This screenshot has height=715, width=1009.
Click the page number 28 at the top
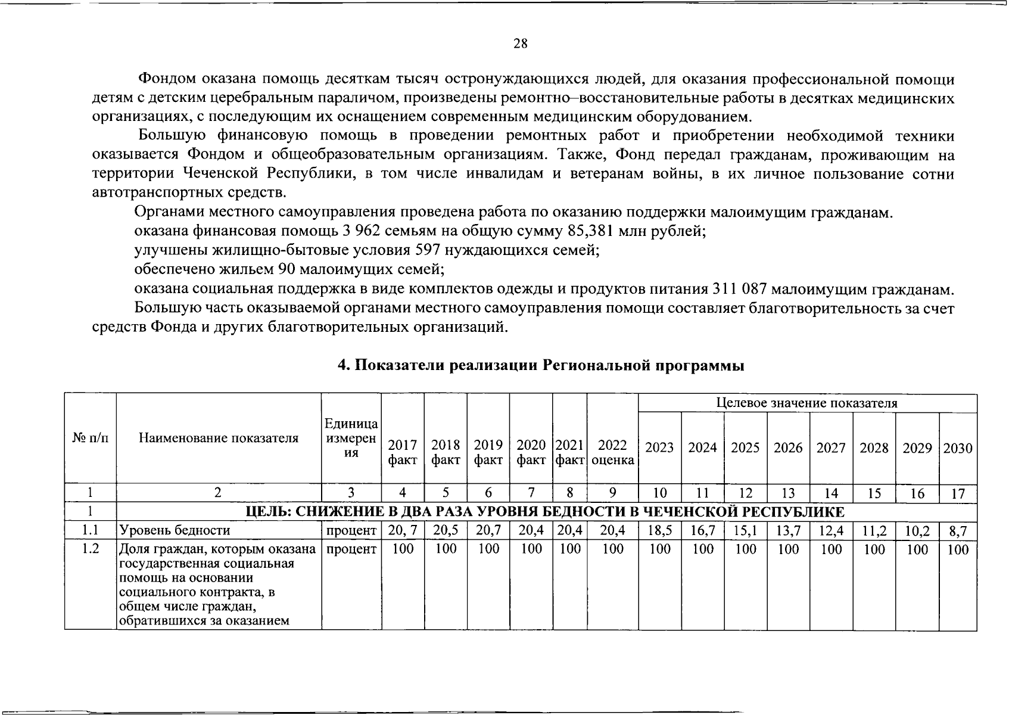point(520,43)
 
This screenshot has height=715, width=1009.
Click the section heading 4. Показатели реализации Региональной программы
point(541,365)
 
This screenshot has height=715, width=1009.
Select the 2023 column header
point(659,447)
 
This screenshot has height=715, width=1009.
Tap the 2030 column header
point(957,447)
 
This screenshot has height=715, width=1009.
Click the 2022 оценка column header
point(612,452)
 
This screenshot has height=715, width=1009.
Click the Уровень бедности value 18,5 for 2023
point(659,530)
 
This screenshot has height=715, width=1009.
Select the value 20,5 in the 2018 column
point(446,530)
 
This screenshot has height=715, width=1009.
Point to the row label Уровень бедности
point(175,530)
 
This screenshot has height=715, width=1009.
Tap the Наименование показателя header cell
point(218,439)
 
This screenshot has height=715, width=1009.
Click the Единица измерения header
point(351,438)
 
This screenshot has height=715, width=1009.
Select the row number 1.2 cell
point(90,549)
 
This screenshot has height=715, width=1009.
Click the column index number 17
point(957,493)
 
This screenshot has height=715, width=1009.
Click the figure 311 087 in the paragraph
point(737,290)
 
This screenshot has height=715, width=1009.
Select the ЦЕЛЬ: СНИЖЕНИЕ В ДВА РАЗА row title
point(546,512)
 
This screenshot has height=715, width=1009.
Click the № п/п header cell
point(91,439)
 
